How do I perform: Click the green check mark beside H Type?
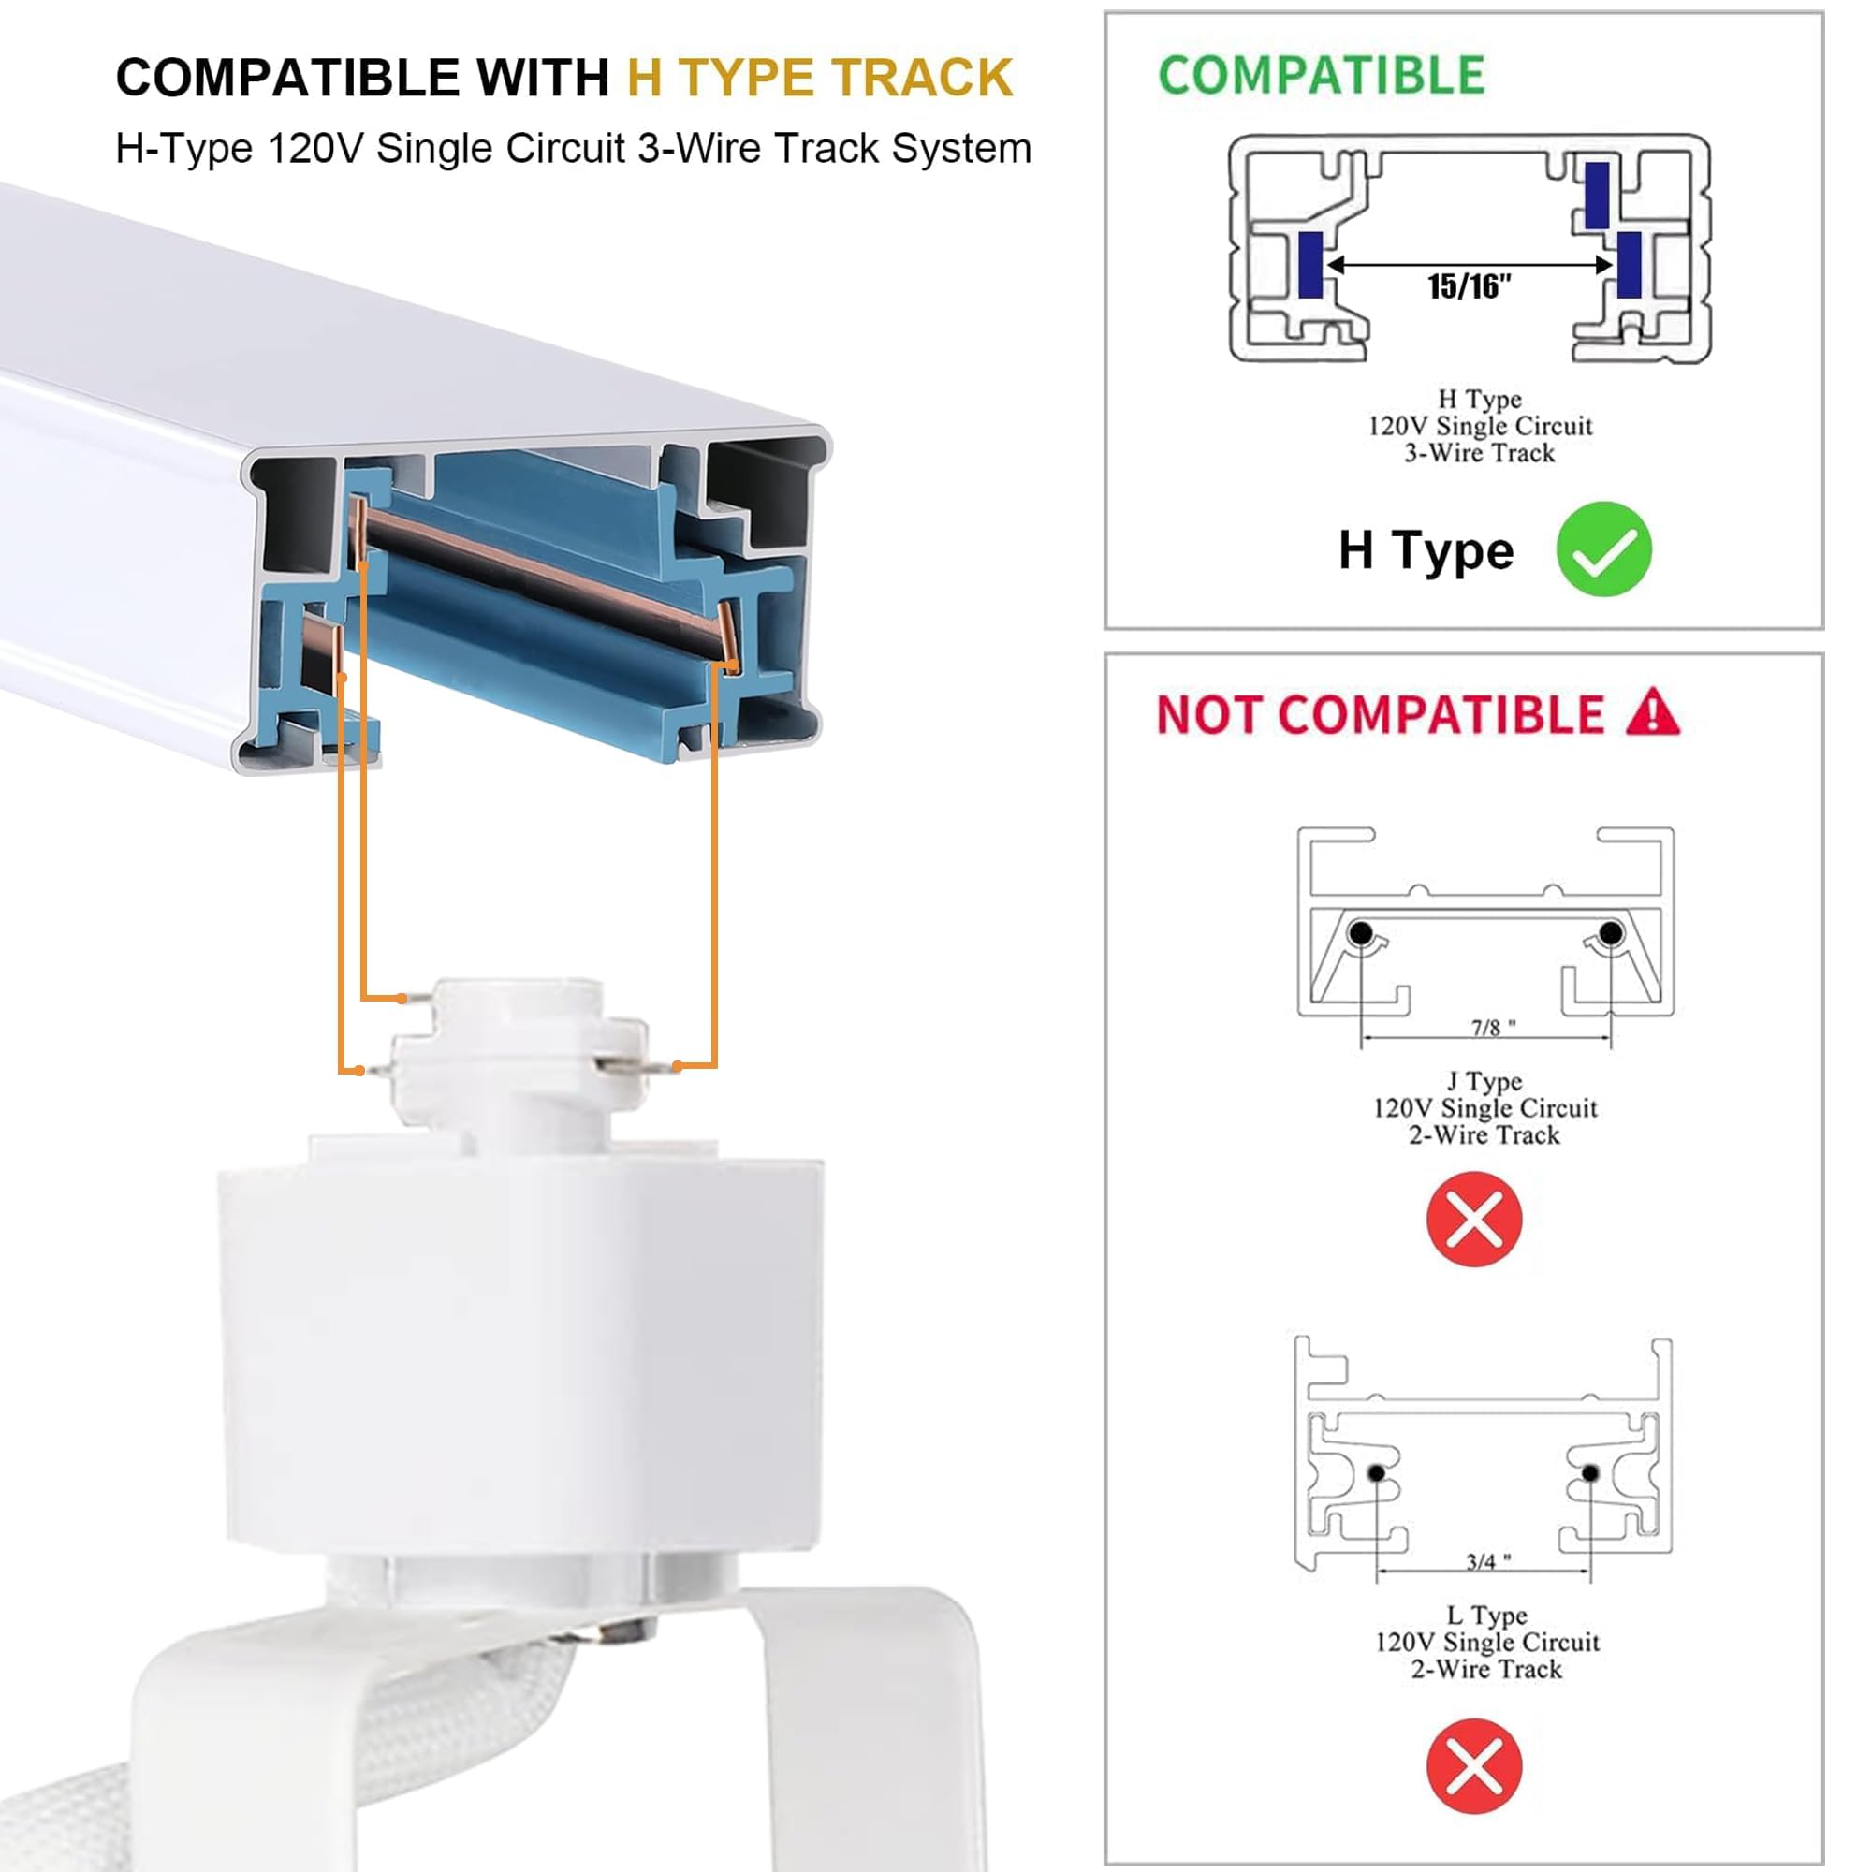[x=1603, y=549]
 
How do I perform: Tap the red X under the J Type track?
[x=1474, y=1219]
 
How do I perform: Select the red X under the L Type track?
[x=1474, y=1765]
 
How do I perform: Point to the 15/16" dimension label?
[x=1469, y=286]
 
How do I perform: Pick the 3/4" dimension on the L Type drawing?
[x=1487, y=1561]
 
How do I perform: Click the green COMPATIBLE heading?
[x=1321, y=76]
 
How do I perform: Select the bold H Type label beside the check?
[x=1426, y=550]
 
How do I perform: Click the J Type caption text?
[x=1484, y=1081]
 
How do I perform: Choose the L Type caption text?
[x=1486, y=1616]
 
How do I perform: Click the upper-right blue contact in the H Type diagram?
[x=1597, y=195]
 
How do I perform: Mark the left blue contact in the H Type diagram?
[x=1310, y=264]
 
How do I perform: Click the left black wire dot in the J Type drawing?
[x=1360, y=933]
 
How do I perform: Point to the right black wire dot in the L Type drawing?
[x=1589, y=1472]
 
